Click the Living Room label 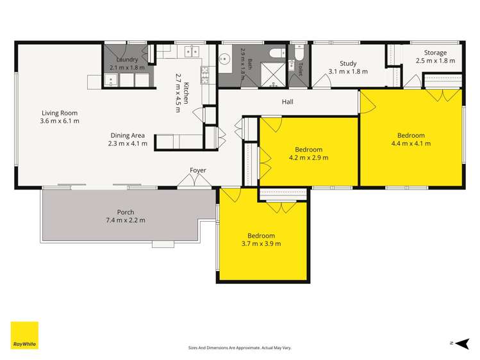point(60,113)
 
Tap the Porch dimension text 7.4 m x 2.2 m point(126,220)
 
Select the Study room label point(348,63)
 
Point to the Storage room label point(435,53)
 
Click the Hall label point(288,102)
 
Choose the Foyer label point(198,170)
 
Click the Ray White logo point(24,335)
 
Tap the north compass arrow point(462,343)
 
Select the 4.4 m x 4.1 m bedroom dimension point(411,143)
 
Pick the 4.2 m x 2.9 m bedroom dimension point(309,158)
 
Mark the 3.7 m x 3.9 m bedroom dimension point(261,244)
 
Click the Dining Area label point(128,136)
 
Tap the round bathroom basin point(225,58)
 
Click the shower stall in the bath point(273,75)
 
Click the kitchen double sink point(192,51)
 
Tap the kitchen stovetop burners point(205,75)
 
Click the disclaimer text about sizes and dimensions point(240,348)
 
